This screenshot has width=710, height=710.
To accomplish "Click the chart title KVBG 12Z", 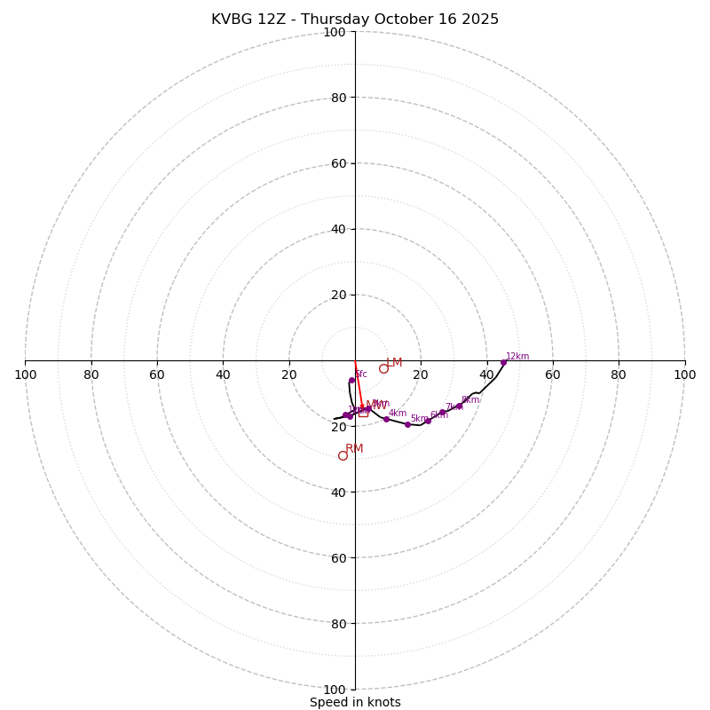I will coord(355,20).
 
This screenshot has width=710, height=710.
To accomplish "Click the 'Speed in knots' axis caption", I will coord(355,702).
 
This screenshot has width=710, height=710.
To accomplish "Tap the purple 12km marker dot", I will coord(503,362).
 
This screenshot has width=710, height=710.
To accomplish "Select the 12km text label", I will coord(517,356).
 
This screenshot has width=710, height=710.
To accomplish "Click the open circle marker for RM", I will coord(343,455).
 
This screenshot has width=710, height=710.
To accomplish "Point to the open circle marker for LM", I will coord(383,368).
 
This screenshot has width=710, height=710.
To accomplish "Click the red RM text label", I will coord(354,448).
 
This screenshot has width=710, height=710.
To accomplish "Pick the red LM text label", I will coord(394,362).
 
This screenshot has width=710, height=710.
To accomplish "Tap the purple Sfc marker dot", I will coord(351,381).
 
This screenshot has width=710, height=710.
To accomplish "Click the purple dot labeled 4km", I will coord(386,419).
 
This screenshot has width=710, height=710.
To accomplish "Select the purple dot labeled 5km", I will coord(407,424).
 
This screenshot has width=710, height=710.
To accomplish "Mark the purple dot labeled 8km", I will coord(459,406).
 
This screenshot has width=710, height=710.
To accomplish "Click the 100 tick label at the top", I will coord(335,32).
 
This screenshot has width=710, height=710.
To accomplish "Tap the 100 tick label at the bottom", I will coord(335,690).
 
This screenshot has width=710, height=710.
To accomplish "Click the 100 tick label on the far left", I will coord(26,375).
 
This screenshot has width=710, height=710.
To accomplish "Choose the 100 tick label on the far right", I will coord(684,375).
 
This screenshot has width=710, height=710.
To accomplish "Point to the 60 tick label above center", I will coord(338,163).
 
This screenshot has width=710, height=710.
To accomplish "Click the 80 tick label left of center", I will coord(91,375).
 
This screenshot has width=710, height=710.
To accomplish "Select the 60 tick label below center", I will coord(338,557).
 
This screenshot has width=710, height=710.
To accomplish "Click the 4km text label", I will coord(398,413).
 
